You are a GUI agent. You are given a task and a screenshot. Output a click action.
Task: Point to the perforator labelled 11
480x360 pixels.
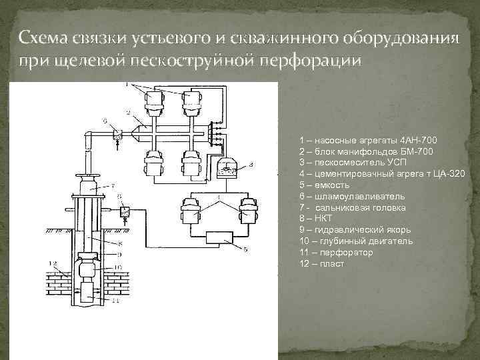click(x=86, y=293)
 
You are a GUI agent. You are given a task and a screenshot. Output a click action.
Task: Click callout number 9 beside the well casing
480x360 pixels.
click(x=118, y=253)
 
